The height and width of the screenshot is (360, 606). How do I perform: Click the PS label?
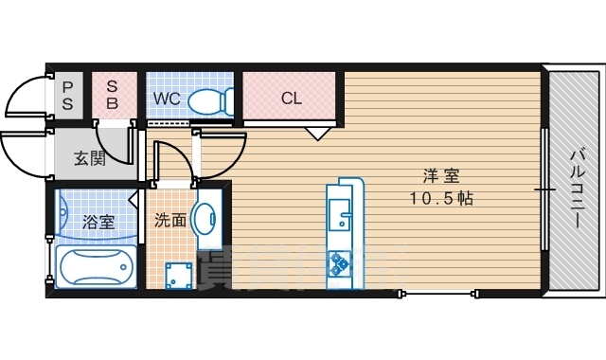coord(67,96)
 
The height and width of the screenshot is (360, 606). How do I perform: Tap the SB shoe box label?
coord(111,96)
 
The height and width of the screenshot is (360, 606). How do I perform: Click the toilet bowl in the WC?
coord(210,99)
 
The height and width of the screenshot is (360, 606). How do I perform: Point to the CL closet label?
coord(292,97)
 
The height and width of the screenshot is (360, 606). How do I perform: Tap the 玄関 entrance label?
coord(90,158)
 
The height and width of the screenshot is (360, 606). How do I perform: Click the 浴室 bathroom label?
coord(98,223)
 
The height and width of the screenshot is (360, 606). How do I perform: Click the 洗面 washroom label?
coord(170,221)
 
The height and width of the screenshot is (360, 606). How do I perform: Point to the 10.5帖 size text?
coord(440,199)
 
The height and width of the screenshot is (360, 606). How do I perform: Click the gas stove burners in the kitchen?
coord(339,265)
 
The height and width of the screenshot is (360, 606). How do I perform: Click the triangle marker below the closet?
coord(317,134)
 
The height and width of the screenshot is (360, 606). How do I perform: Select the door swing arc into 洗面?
coord(170,156)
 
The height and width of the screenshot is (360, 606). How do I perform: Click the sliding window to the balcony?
coord(544,189)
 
